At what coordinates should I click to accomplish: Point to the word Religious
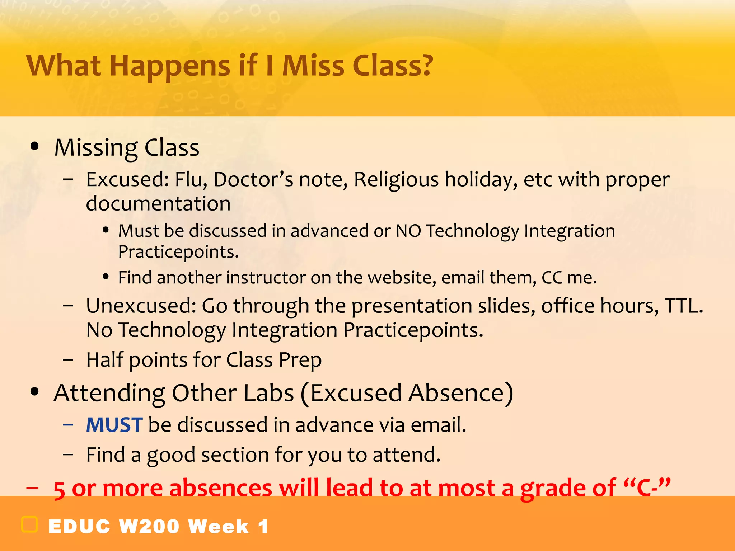click(396, 180)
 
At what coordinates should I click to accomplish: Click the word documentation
click(158, 204)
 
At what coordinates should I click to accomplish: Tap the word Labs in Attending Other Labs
click(269, 393)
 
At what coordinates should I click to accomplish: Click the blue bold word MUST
click(114, 425)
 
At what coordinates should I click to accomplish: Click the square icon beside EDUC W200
click(29, 525)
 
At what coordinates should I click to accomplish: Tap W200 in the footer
click(149, 527)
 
